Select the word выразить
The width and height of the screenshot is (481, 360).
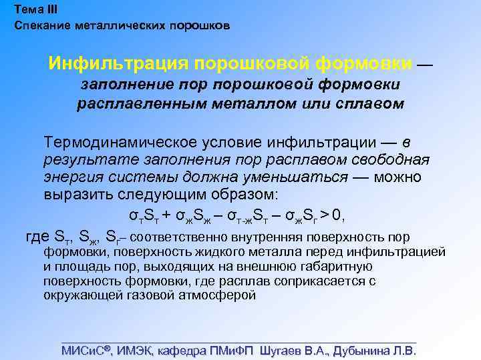pyautogui.click(x=74, y=195)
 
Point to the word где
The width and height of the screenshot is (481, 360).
pyautogui.click(x=37, y=237)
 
